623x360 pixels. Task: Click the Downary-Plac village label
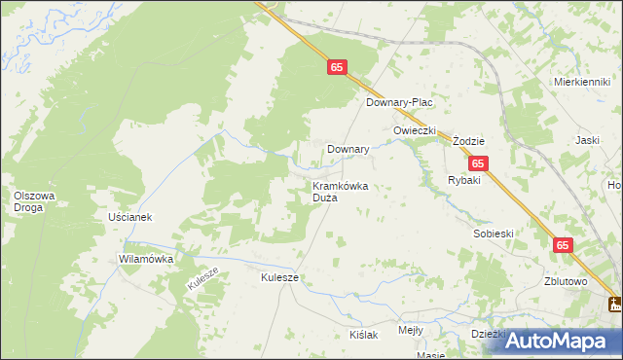[x=398, y=102]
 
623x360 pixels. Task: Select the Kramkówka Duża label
[x=339, y=192]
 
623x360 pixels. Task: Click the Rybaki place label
[x=464, y=181]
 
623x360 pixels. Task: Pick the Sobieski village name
[x=493, y=234]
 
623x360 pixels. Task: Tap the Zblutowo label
[x=567, y=282]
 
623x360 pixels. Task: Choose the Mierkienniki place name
[x=580, y=83]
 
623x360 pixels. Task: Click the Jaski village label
[x=587, y=140]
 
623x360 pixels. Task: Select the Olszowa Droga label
[x=34, y=201]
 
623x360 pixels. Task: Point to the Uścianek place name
[x=130, y=217]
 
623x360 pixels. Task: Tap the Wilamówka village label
[x=145, y=260]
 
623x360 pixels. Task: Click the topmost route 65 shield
[x=337, y=67]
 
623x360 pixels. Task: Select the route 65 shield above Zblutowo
[x=565, y=246]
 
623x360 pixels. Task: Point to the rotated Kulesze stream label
[x=204, y=279]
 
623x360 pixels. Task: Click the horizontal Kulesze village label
[x=279, y=277]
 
